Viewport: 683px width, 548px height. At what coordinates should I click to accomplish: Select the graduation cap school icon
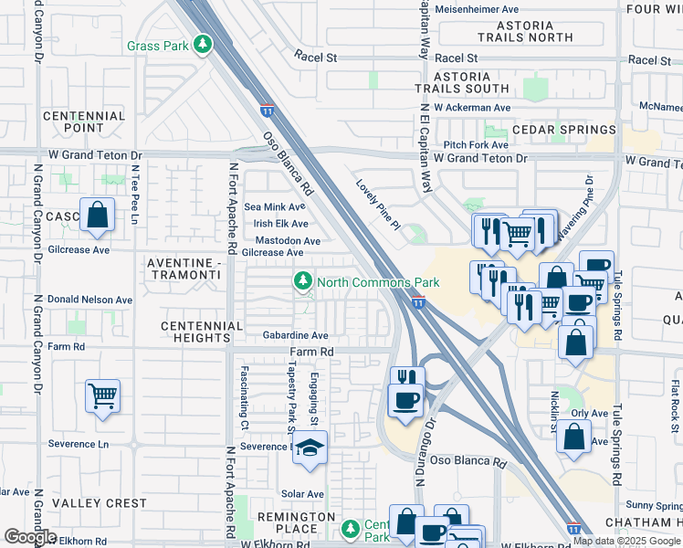310,448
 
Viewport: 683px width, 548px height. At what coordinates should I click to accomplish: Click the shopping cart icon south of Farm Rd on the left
102,396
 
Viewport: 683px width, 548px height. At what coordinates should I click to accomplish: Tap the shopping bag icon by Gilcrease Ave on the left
98,216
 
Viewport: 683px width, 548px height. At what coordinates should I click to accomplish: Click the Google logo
31,537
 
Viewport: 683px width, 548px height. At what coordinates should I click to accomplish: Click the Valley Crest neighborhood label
100,503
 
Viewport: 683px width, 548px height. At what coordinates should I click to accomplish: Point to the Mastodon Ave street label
287,241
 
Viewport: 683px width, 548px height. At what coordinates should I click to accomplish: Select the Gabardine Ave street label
296,336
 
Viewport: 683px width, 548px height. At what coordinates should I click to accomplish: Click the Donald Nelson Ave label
90,300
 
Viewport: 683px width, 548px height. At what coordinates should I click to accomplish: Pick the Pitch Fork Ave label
476,145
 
